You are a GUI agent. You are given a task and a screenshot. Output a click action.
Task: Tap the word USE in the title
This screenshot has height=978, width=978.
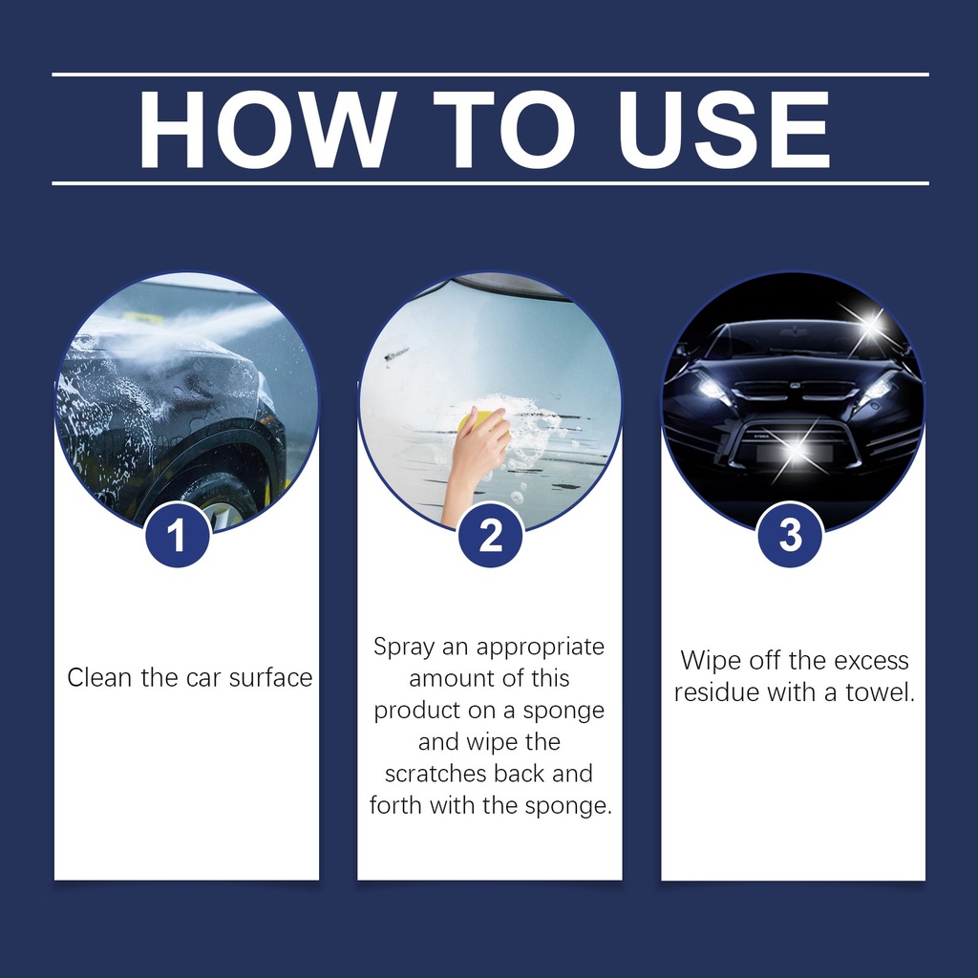(724, 130)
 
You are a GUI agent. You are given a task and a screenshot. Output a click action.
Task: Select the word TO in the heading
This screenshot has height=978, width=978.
(504, 130)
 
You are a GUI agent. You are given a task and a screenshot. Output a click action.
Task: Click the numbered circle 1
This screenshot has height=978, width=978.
(177, 535)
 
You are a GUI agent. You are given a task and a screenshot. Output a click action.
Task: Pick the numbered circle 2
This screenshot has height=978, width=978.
(490, 535)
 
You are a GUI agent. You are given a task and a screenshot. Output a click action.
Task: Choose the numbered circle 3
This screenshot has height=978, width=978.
(790, 535)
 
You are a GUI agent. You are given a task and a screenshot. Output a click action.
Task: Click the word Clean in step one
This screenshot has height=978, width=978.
(100, 677)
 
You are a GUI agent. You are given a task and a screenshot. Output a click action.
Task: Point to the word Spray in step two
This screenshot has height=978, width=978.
(404, 648)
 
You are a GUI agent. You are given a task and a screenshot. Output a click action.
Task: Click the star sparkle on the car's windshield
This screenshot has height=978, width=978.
(869, 326)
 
